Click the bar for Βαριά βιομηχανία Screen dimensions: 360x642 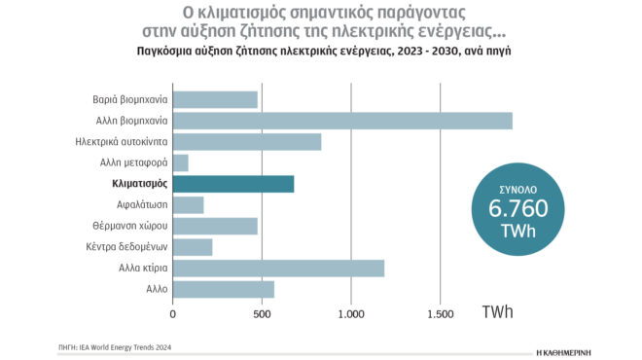coord(215,99)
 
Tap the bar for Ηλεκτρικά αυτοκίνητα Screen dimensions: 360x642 coord(247,142)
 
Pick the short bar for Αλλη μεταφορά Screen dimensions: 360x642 coord(181,162)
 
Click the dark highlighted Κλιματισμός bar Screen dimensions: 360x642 coord(233,184)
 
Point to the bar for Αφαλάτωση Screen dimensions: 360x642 coord(189,205)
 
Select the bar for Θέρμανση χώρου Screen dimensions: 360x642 coord(215,226)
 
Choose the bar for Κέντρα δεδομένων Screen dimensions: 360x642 coord(193,247)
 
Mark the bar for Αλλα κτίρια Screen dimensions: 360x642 coord(278,268)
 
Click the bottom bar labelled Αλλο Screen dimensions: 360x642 coord(224,289)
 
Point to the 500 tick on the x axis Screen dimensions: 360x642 coord(262,314)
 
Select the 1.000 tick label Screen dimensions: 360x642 coord(350,314)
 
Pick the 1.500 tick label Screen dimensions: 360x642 coord(440,314)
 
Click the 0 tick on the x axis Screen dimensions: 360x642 coord(173,314)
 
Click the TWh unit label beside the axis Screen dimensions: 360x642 coord(498,312)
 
